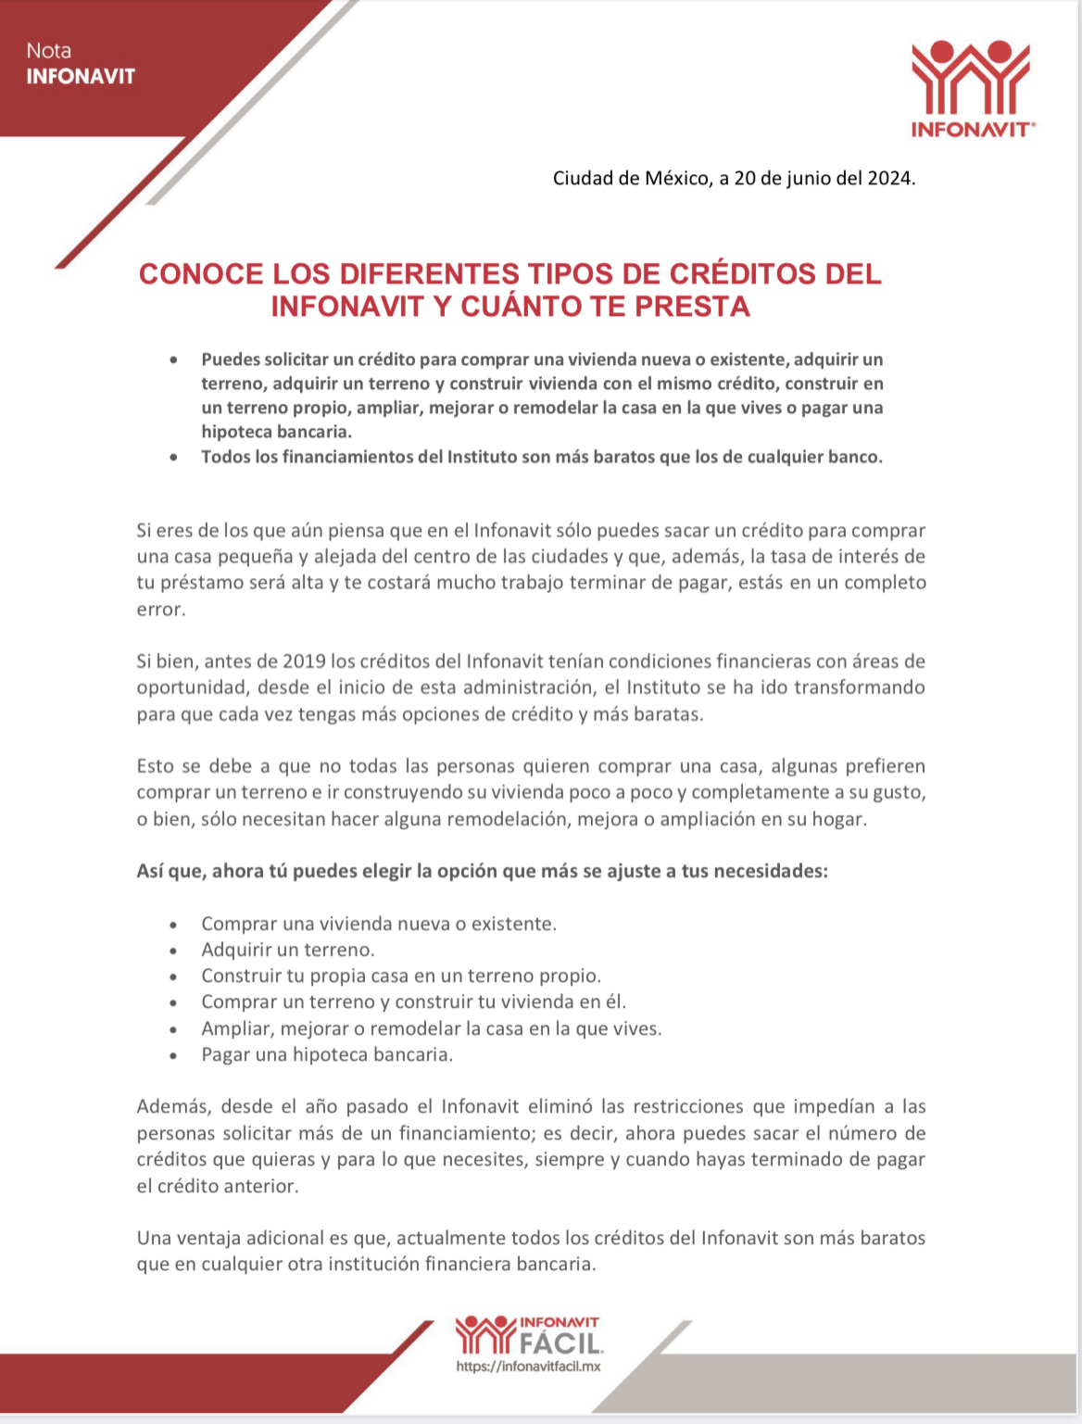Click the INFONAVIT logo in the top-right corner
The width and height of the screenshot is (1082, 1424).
971,89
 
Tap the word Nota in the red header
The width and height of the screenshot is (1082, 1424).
49,51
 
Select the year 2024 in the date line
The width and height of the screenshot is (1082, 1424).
889,178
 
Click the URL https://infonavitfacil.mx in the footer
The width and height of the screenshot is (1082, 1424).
528,1367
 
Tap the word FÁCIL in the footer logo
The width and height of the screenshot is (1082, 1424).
561,1342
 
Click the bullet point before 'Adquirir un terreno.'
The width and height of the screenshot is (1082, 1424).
173,951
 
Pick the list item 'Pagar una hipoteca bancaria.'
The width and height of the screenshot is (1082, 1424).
327,1054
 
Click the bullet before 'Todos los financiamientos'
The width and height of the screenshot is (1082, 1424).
173,457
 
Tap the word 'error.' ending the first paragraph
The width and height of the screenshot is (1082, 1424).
161,609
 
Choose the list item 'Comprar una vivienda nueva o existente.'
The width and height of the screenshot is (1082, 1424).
379,924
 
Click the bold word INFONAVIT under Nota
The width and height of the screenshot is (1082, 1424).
81,76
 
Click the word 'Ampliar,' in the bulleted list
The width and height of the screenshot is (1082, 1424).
236,1028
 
